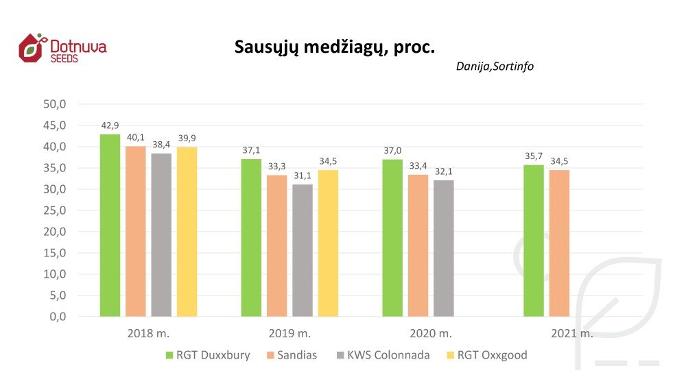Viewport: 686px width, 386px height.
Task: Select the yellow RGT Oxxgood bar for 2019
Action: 328,243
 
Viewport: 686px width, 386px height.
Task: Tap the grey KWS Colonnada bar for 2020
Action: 443,248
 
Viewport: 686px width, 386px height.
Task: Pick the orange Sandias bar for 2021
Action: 559,243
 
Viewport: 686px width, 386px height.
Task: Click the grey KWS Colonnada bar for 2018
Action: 161,234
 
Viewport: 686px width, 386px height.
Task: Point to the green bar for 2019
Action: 251,237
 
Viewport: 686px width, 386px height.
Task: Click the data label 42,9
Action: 110,125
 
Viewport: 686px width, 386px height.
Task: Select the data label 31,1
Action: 303,176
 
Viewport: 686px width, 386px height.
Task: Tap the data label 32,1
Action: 443,171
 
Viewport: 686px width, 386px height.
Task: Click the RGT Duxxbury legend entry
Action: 207,355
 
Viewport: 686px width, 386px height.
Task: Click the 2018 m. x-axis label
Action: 148,334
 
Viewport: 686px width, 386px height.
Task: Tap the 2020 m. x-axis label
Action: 431,334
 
